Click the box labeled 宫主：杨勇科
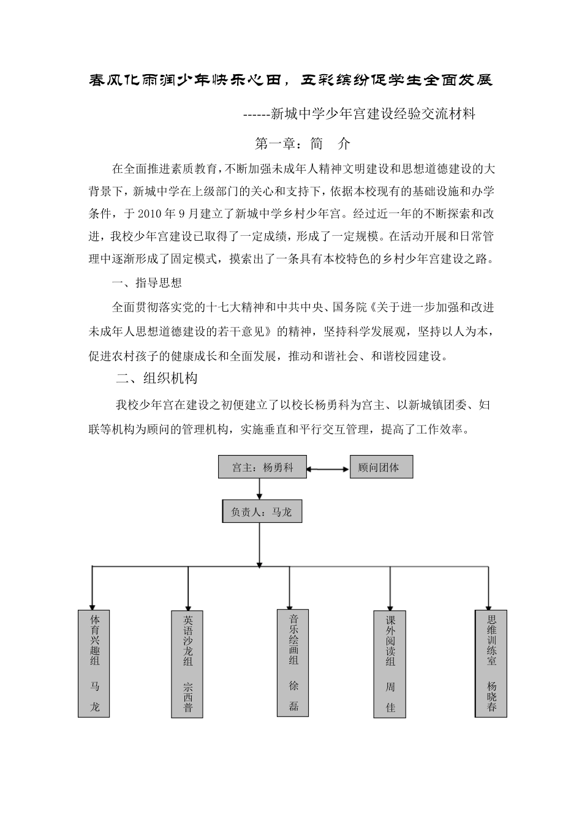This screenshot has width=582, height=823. [x=262, y=467]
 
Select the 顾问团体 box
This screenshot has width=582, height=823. [x=381, y=467]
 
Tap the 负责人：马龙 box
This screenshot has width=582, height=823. [x=262, y=511]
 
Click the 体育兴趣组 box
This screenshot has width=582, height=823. [x=94, y=663]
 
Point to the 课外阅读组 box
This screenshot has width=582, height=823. [x=390, y=663]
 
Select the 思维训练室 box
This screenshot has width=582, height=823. [x=491, y=663]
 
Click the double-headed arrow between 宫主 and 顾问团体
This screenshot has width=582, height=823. [x=327, y=470]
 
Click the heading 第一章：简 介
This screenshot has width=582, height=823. [x=302, y=144]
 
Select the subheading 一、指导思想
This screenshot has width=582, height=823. [x=147, y=283]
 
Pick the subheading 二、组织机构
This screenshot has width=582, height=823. [x=157, y=378]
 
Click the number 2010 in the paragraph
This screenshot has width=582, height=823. [x=151, y=214]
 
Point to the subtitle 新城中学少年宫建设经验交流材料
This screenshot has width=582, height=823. [x=372, y=114]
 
